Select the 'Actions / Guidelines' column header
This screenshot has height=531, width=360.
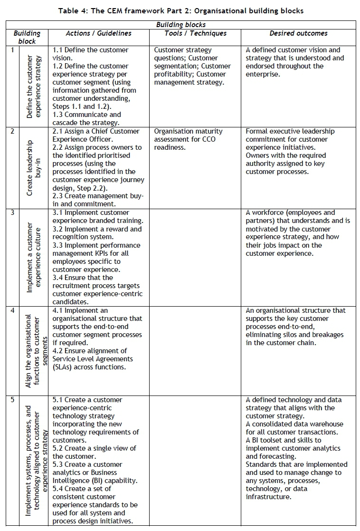(98, 33)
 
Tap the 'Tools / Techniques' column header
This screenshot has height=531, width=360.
(195, 33)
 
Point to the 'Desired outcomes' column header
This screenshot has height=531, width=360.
(298, 33)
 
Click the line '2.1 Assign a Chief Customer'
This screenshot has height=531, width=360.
(96, 131)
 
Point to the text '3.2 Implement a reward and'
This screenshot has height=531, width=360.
(97, 229)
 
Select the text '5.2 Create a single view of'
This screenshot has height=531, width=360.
(94, 448)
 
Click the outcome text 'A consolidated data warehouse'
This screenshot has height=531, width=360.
(294, 424)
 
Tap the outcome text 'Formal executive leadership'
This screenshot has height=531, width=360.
(290, 131)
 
